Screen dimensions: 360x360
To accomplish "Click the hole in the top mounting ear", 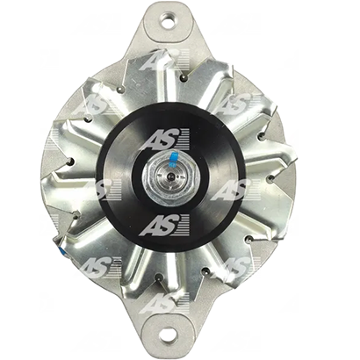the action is point(169,20).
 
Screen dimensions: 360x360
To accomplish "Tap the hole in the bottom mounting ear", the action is point(169,333).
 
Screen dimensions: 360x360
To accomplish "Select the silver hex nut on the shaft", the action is point(171,176).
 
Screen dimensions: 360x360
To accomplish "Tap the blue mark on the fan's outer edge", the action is point(62,251).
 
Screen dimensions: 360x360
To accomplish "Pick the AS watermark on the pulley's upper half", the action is point(169,139).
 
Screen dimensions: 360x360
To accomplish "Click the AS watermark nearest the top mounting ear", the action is point(164,60).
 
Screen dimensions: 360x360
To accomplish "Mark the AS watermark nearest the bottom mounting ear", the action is point(164,302).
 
